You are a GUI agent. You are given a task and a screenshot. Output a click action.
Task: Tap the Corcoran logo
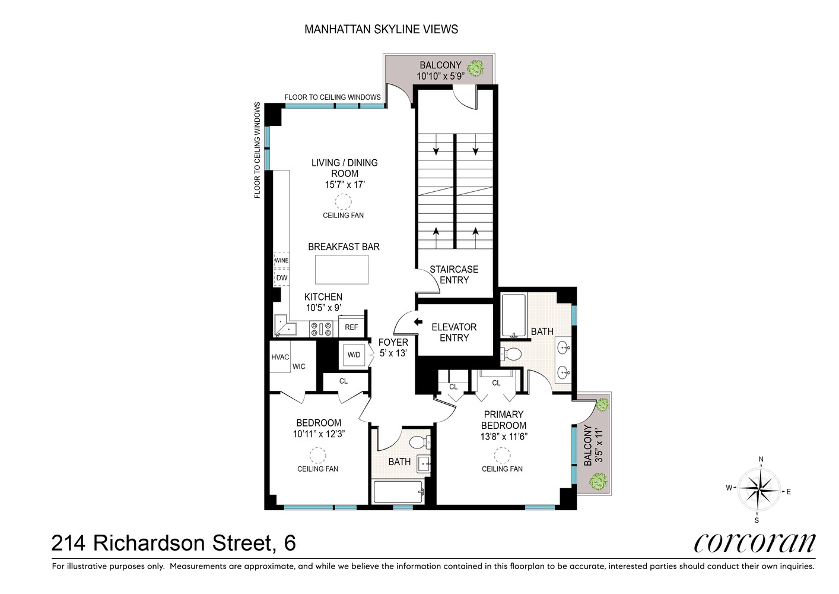[755, 542]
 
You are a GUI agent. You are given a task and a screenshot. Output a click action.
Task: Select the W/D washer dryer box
[354, 355]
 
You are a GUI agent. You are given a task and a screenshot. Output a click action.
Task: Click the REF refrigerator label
[351, 327]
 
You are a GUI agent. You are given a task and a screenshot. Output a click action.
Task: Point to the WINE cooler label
[281, 260]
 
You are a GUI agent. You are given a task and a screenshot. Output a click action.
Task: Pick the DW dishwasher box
[281, 277]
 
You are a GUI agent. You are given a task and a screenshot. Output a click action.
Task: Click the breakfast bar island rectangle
[341, 270]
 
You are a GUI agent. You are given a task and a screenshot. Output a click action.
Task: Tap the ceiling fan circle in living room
[344, 201]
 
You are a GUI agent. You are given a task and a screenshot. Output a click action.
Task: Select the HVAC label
[280, 357]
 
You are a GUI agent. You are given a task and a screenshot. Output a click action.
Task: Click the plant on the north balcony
[475, 69]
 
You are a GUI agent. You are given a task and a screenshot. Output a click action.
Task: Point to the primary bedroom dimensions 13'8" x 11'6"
[504, 436]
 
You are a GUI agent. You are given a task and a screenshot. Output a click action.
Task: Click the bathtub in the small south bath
[398, 491]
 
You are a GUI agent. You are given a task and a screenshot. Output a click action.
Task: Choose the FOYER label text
[393, 342]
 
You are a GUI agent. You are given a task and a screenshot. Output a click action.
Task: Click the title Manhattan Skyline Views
[381, 29]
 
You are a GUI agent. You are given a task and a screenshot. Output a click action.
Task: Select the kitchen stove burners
[321, 328]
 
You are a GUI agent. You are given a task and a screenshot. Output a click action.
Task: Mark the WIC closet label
[299, 366]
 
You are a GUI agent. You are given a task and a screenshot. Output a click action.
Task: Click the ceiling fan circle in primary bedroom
[503, 455]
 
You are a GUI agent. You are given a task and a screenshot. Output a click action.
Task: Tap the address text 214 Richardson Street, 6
[174, 543]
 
